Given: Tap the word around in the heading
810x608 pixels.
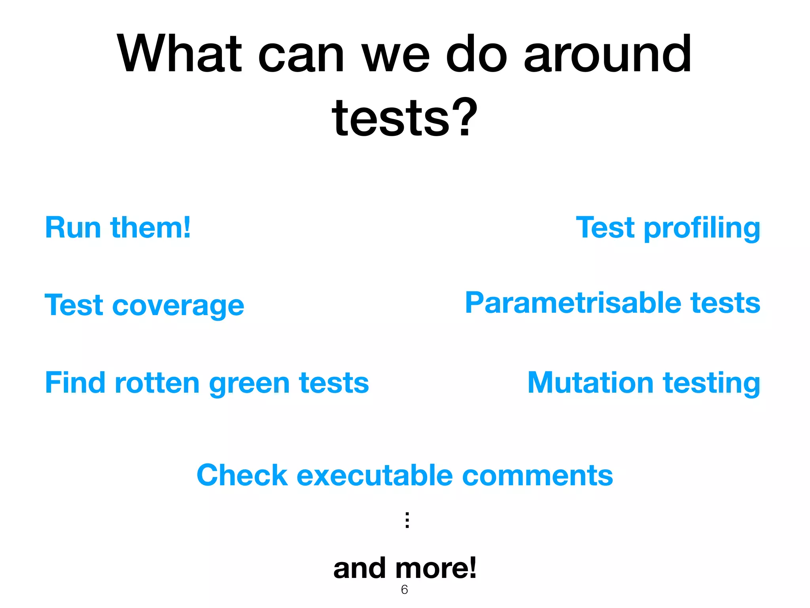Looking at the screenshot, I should point(607,54).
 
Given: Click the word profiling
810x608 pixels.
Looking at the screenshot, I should point(702,228).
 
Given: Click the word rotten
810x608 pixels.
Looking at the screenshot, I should point(157,383).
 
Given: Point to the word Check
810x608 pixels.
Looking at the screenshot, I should point(242,475).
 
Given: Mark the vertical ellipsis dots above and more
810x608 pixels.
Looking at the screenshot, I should point(407,520).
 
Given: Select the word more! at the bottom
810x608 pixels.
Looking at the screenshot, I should point(436,568).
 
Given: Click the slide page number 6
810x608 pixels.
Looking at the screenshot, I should point(404,590).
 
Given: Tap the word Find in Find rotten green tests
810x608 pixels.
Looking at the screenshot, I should point(75,383).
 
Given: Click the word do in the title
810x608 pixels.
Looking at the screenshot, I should point(476,54).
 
